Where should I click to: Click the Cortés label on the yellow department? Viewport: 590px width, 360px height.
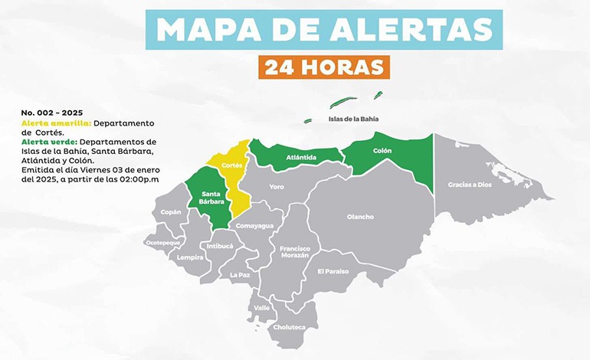(x=231, y=165)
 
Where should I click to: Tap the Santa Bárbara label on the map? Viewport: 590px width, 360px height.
(x=212, y=198)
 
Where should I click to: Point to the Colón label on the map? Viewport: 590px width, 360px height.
(x=382, y=151)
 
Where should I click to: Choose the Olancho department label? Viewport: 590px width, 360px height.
(x=360, y=217)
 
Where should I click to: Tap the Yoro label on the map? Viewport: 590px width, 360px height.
(x=277, y=186)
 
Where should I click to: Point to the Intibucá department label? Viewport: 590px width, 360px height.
(x=218, y=246)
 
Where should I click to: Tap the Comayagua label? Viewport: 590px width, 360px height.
(x=254, y=226)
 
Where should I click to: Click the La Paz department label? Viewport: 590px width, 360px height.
(x=240, y=273)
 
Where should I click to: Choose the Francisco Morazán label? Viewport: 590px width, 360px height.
(x=295, y=253)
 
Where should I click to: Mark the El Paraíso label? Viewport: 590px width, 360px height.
(x=333, y=271)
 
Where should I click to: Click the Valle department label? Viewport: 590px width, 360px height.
(x=262, y=309)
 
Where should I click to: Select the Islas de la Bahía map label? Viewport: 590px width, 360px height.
(x=353, y=119)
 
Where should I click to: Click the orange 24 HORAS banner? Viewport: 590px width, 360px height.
(x=323, y=67)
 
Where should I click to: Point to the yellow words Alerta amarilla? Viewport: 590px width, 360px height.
(x=57, y=123)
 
